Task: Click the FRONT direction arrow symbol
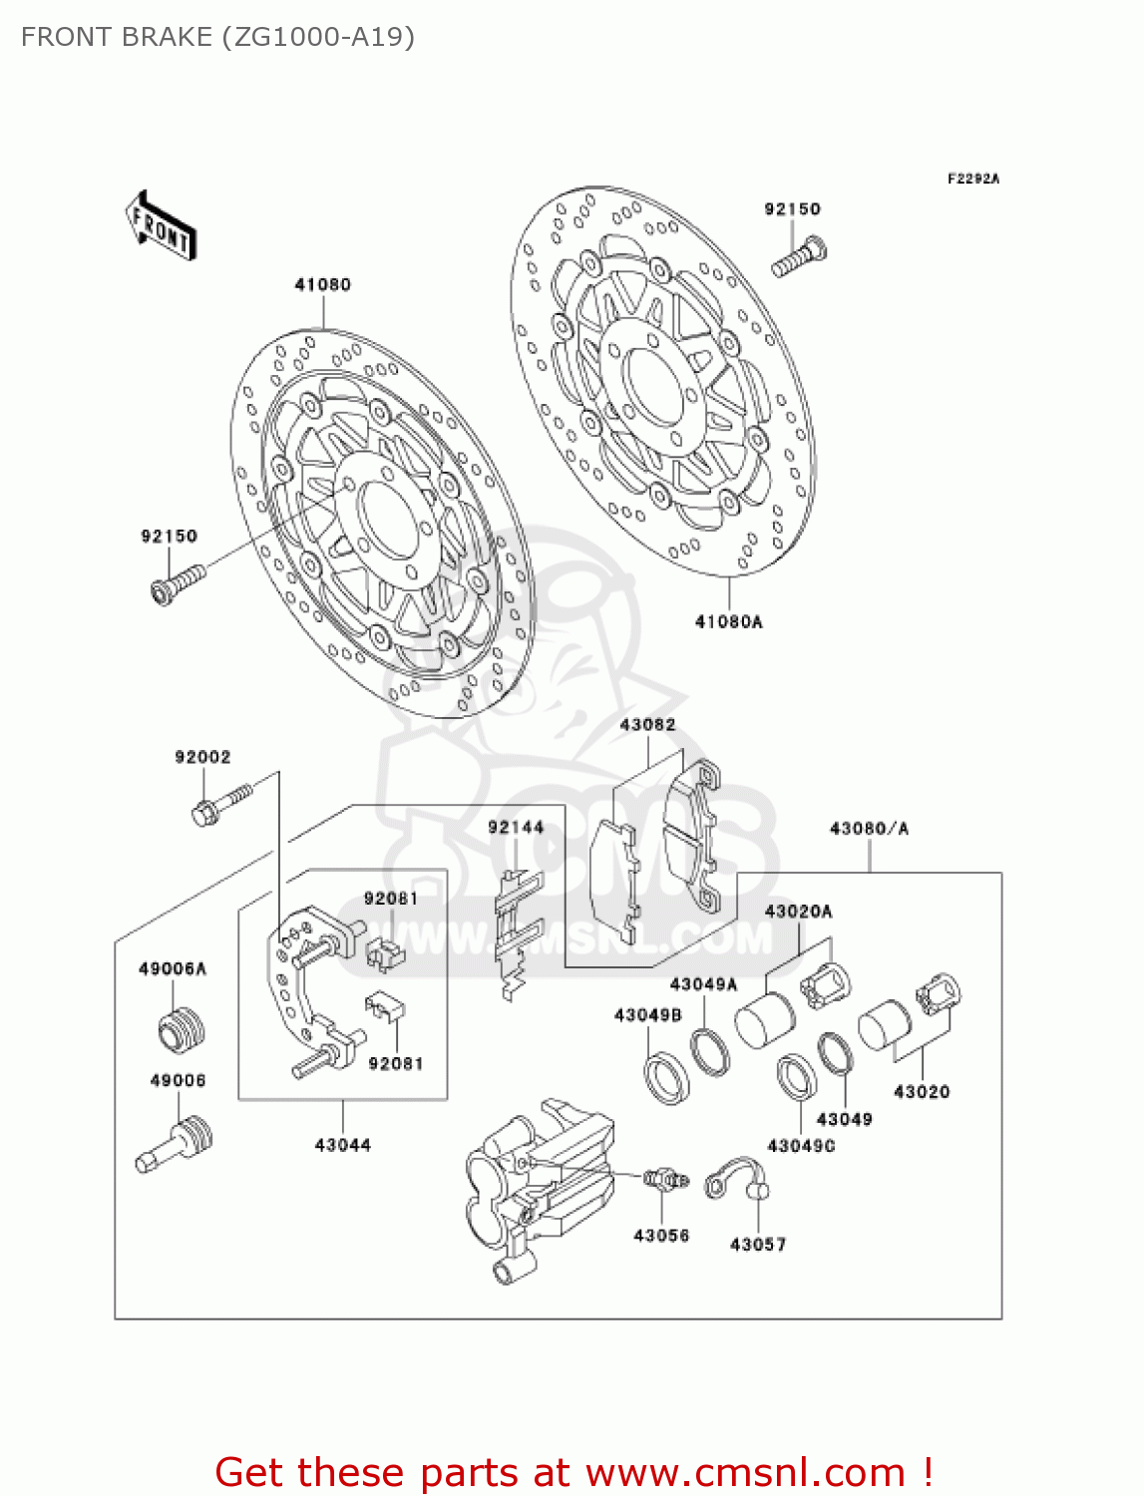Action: click(161, 226)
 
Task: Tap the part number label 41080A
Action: click(728, 621)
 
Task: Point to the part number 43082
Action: click(647, 725)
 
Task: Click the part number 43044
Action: click(342, 1145)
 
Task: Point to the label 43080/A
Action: click(869, 828)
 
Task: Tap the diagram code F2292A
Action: click(972, 179)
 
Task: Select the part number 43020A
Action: click(798, 911)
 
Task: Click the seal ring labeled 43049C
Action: click(797, 1077)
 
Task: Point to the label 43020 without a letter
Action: click(922, 1091)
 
